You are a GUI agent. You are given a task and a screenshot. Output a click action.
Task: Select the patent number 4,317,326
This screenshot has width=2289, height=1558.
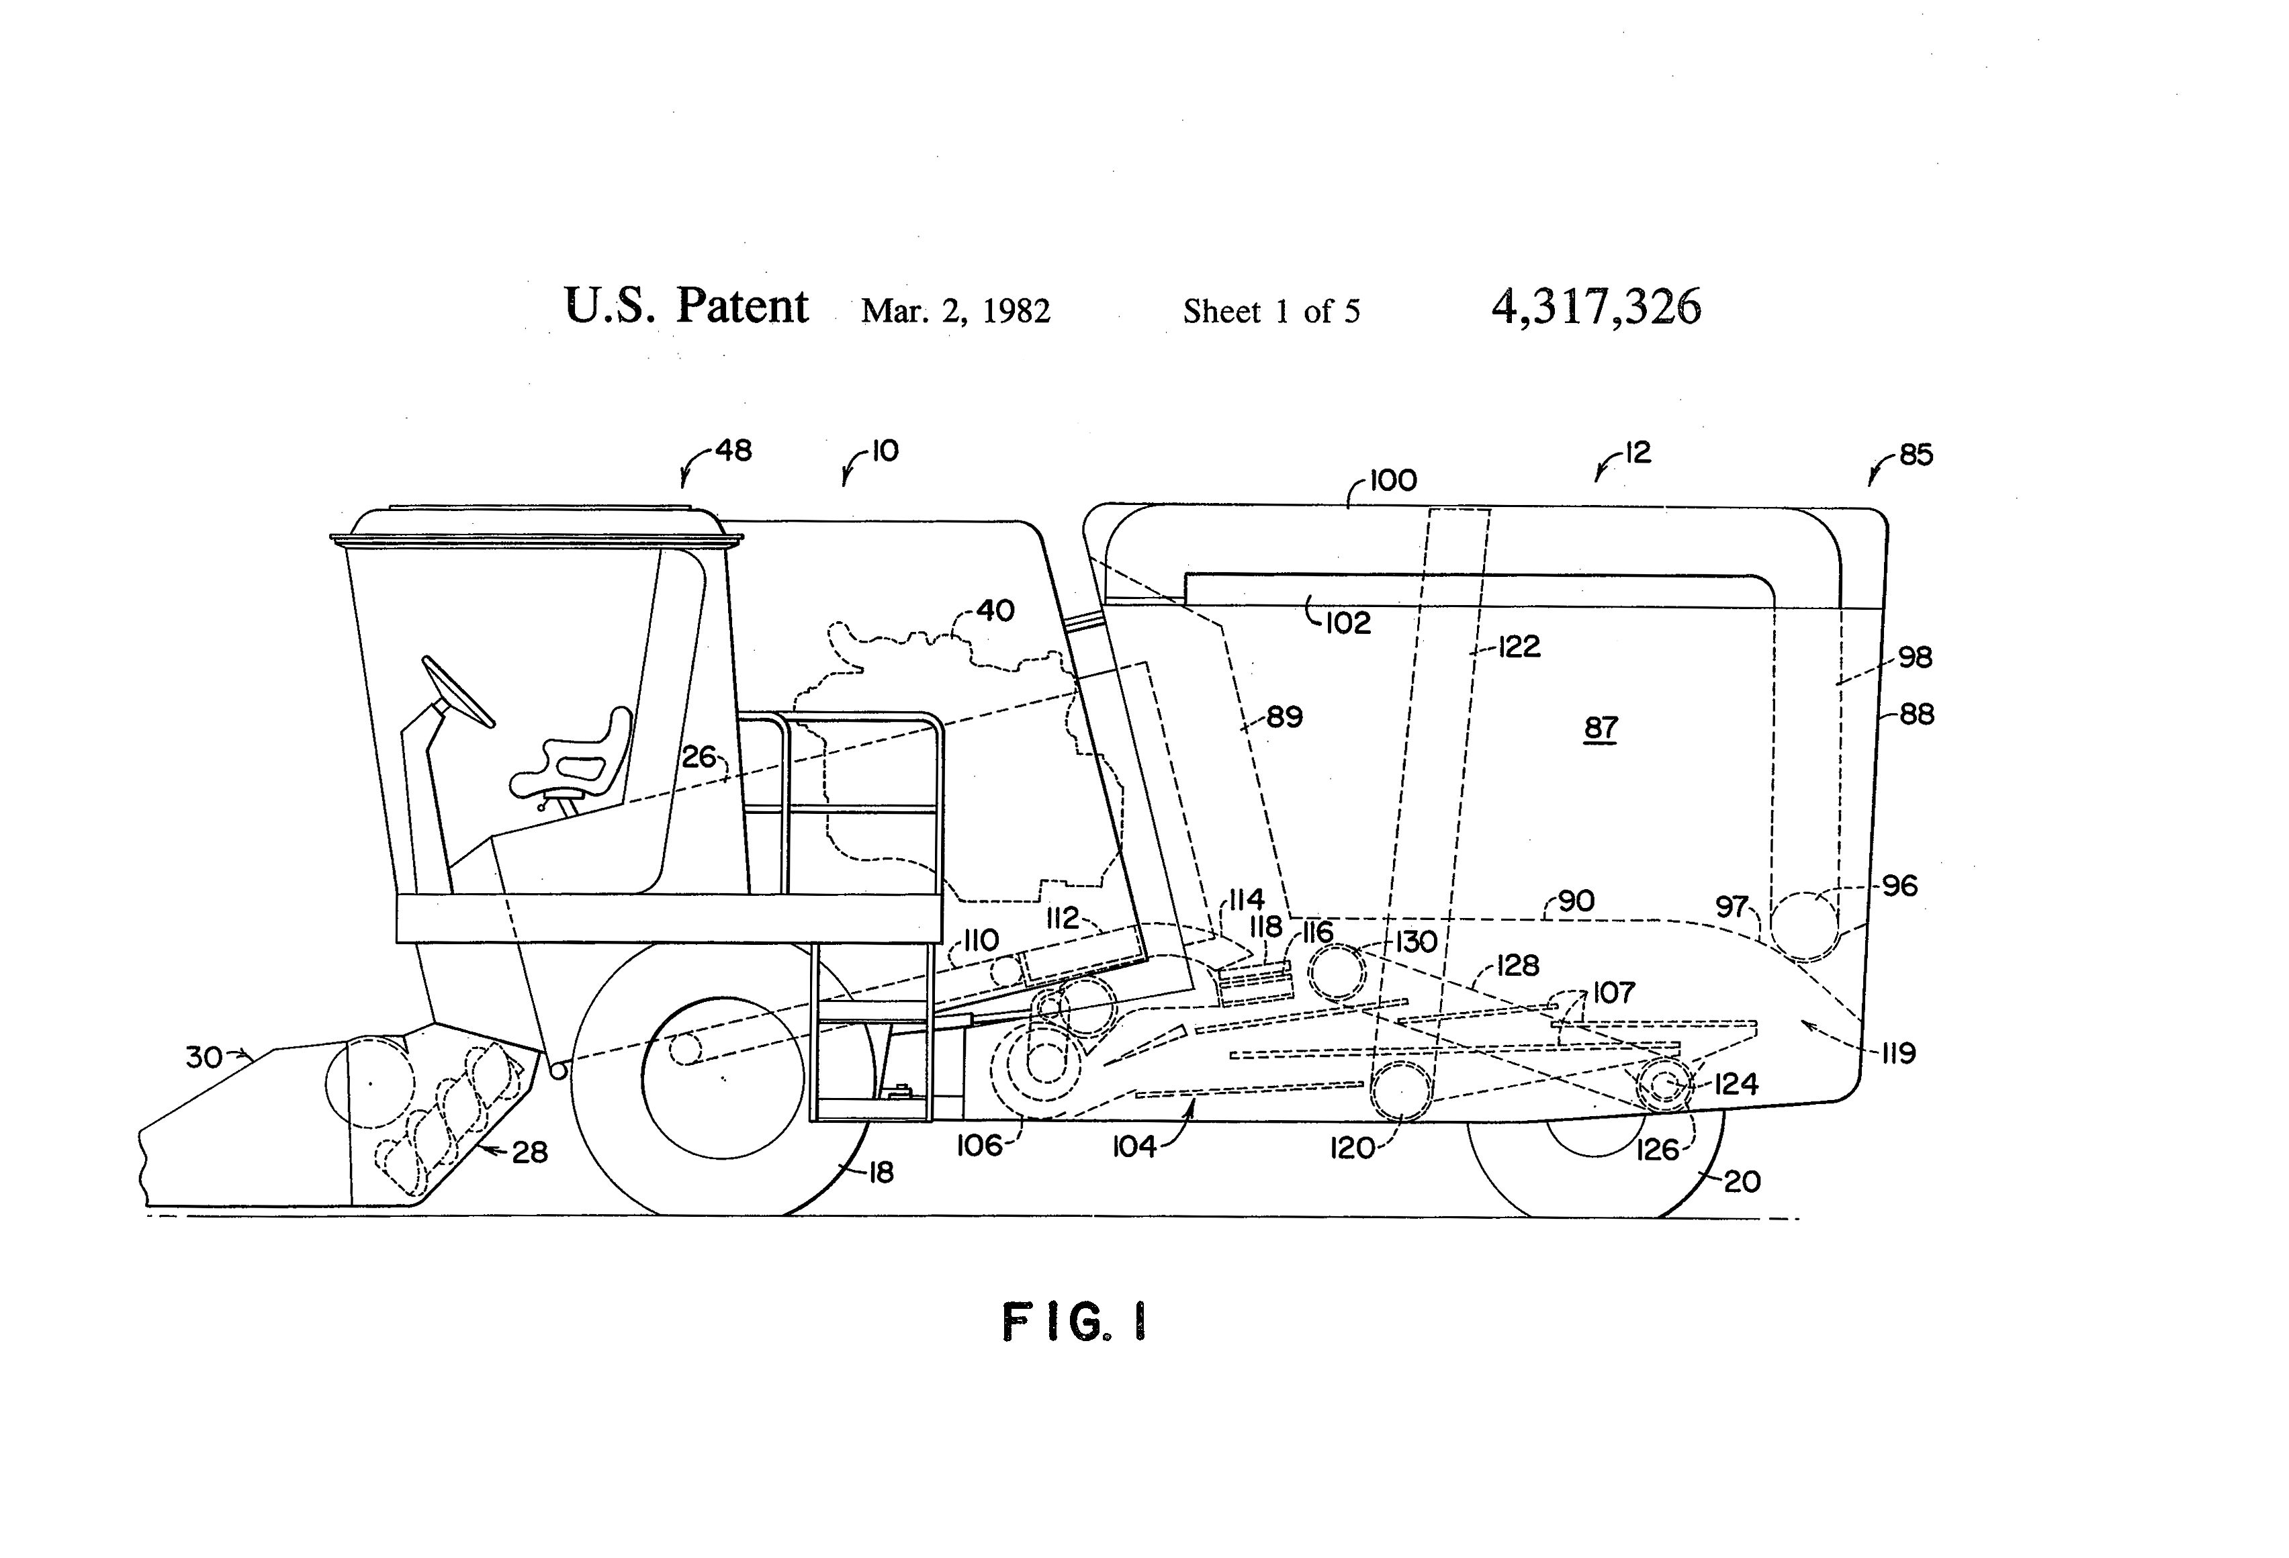1596,308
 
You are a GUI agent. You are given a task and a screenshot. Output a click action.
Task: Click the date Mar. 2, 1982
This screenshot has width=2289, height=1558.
955,311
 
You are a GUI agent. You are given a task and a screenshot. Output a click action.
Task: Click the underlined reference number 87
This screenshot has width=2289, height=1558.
1601,728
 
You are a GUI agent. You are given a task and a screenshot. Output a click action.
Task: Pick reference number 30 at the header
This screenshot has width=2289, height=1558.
204,1057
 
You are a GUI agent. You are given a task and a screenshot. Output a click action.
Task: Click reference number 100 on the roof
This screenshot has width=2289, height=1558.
1393,481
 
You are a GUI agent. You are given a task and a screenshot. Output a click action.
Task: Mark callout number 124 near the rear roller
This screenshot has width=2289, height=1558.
1736,1085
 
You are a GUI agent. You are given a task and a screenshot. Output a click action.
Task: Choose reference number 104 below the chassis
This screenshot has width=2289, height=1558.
1134,1146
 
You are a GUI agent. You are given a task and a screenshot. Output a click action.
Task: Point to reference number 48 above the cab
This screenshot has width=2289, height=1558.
733,451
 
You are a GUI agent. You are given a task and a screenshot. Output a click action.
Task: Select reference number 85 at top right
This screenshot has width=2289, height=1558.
1916,455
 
